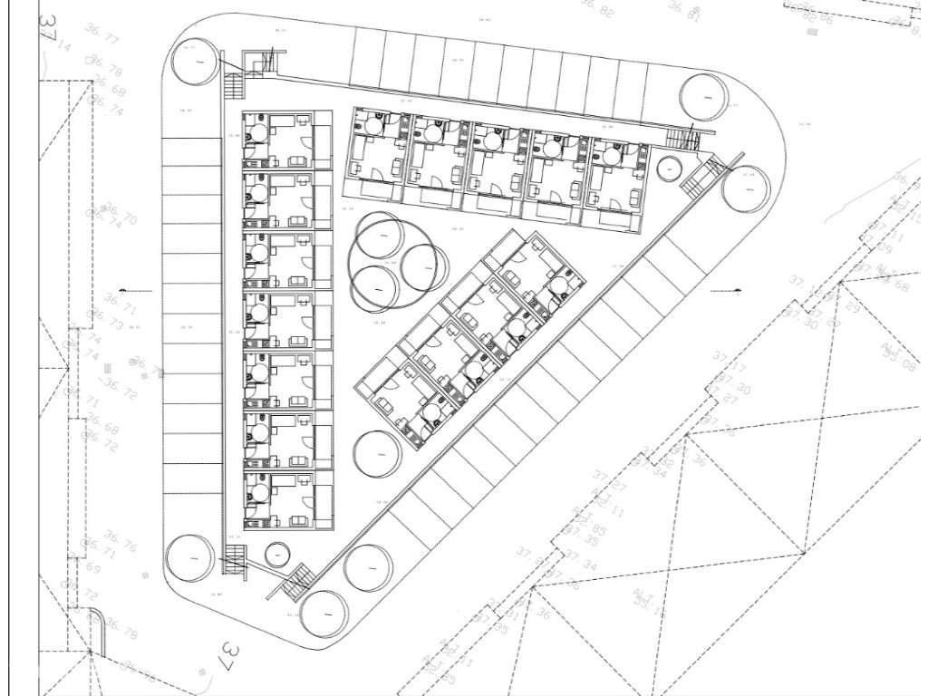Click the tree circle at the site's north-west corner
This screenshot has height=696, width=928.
click(x=192, y=62)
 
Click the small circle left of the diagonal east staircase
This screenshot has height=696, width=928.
click(x=667, y=169)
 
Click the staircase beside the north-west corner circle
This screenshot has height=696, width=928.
click(x=233, y=87)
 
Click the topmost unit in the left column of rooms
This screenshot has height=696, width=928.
click(x=277, y=139)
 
